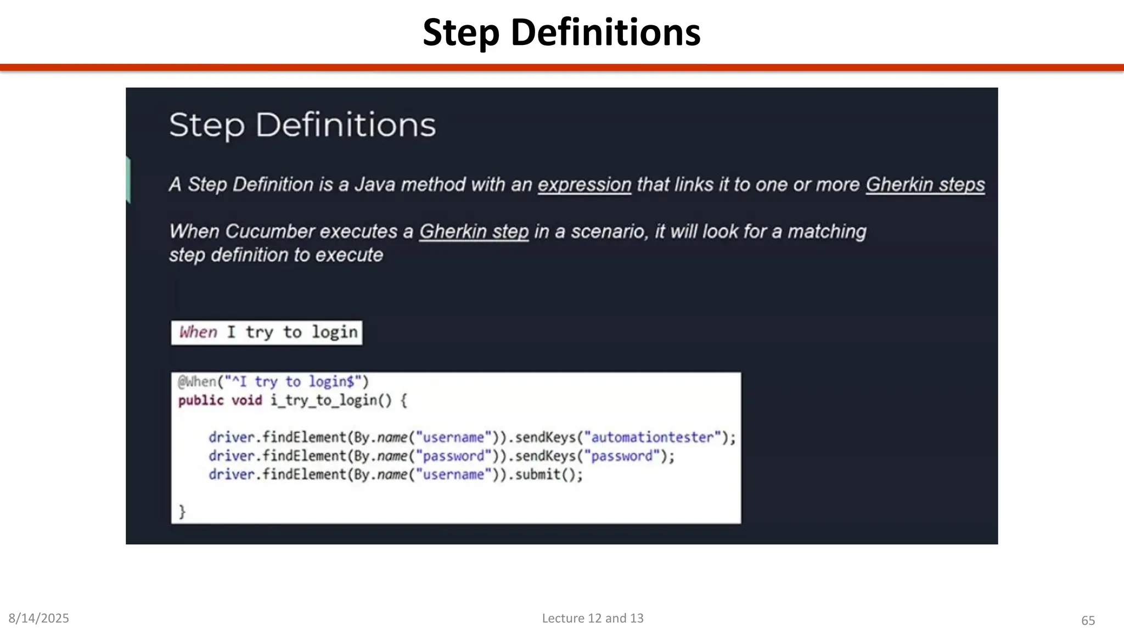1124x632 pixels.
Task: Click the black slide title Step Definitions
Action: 561,33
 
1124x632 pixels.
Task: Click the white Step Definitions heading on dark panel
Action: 302,125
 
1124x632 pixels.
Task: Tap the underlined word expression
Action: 584,185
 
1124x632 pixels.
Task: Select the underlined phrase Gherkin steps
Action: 925,185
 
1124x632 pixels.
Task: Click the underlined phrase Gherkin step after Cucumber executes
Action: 474,232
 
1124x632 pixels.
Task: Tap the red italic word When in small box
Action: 198,332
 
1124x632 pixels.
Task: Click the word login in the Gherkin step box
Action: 334,332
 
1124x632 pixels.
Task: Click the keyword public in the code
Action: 201,400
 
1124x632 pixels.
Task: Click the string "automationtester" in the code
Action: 652,437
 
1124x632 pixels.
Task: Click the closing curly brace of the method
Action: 182,511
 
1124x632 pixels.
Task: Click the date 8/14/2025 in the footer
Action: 38,618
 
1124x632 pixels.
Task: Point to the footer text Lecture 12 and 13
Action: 592,618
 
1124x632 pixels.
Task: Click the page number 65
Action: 1088,620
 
